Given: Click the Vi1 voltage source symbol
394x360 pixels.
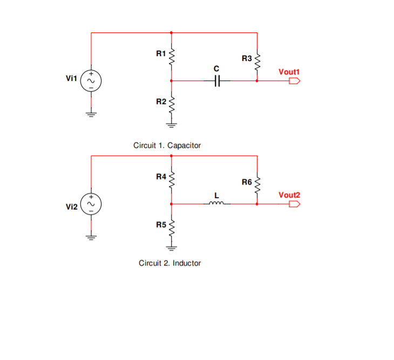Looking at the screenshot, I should point(91,81).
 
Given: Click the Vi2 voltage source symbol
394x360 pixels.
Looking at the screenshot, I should point(91,204).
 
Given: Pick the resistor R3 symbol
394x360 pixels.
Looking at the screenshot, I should point(257,61).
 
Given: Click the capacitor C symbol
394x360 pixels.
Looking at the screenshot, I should point(217,81).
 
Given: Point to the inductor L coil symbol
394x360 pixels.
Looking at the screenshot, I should point(216,203).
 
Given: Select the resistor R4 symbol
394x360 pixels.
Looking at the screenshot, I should point(171,180).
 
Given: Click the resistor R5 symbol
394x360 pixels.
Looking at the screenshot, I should point(171,228).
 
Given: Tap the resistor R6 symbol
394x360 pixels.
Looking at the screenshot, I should point(257,184).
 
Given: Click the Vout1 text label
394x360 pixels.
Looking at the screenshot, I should point(289,72).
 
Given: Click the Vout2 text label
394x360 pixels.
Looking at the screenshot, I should point(289,195).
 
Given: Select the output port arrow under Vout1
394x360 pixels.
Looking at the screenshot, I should point(294,81).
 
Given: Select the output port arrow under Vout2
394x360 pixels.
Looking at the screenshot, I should point(294,204).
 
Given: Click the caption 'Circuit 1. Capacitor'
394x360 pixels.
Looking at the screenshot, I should point(167,146).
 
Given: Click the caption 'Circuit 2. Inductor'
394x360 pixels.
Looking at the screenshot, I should point(169,263).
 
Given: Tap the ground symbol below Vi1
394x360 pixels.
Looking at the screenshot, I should point(91,114).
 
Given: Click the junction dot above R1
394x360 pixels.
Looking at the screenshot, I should point(171,32).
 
